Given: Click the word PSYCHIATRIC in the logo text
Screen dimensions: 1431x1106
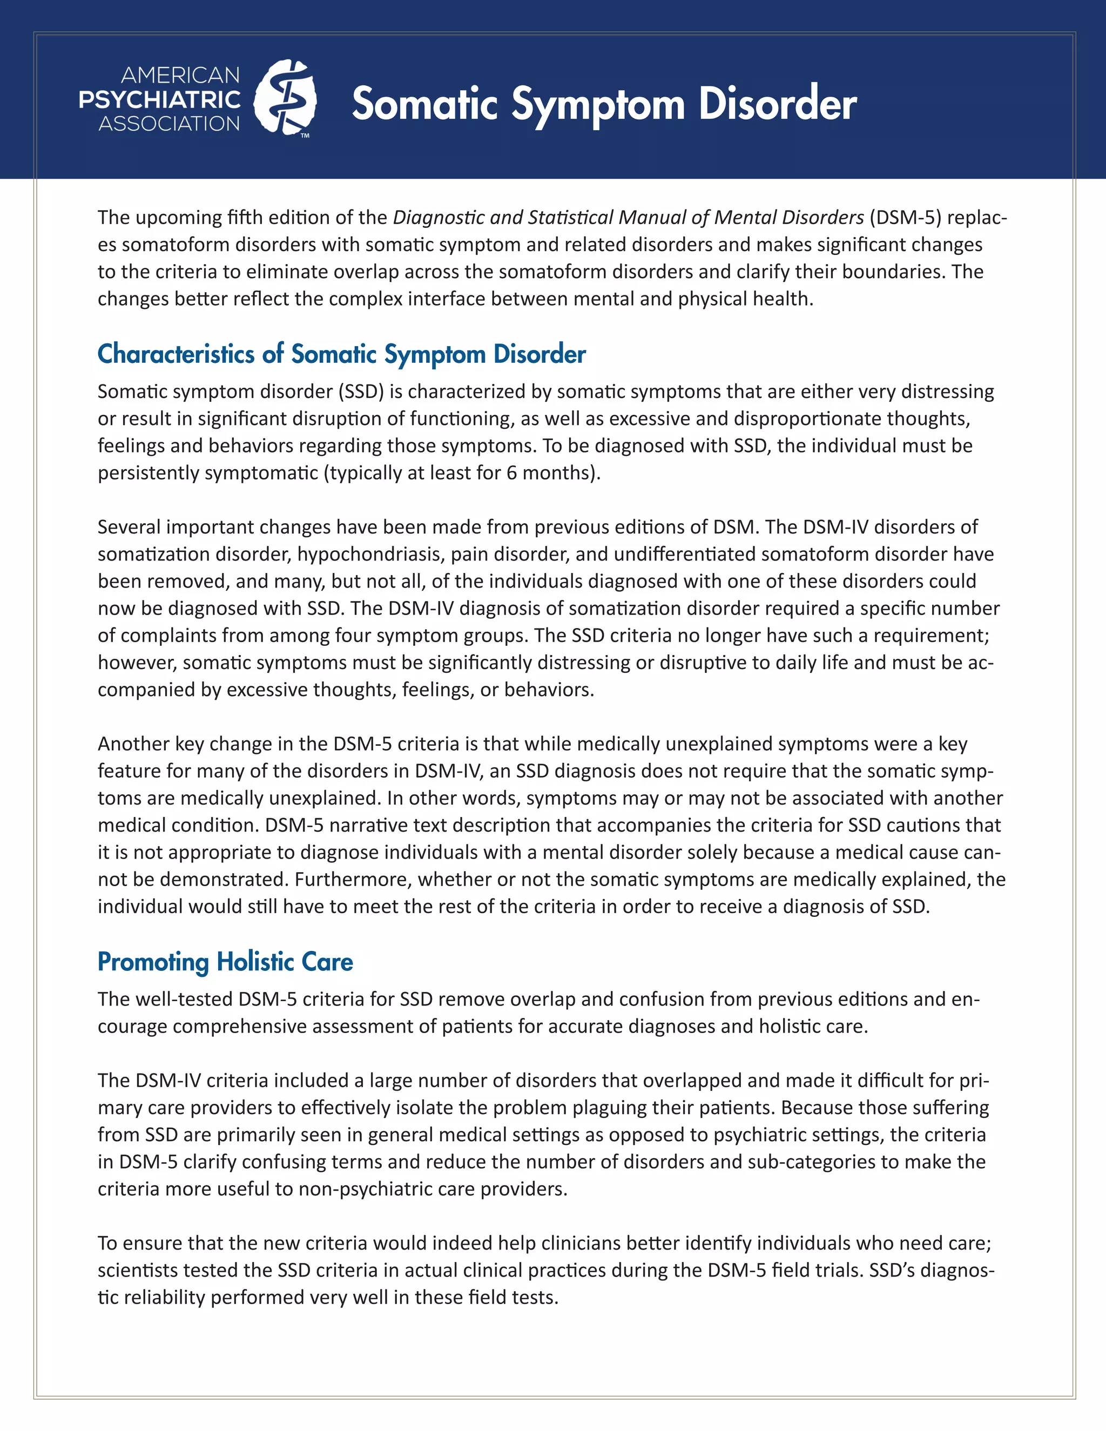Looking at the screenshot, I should tap(160, 99).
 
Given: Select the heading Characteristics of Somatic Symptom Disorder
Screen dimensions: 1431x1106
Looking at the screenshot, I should tap(341, 354).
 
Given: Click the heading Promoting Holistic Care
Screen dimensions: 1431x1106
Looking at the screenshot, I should tap(225, 962).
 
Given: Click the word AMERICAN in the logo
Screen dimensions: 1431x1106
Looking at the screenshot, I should tap(180, 76).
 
